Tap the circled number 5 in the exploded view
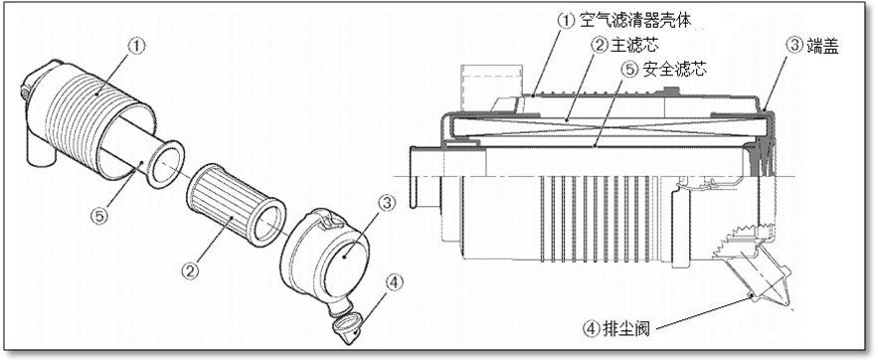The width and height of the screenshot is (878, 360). pyautogui.click(x=99, y=216)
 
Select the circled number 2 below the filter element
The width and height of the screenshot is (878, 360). pyautogui.click(x=190, y=271)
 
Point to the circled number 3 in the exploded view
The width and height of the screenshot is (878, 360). pyautogui.click(x=387, y=204)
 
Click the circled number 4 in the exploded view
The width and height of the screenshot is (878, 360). pyautogui.click(x=394, y=282)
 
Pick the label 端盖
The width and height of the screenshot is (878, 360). pyautogui.click(x=822, y=46)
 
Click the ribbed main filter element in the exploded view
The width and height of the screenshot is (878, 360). pyautogui.click(x=236, y=204)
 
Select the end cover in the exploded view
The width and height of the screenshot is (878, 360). pyautogui.click(x=326, y=257)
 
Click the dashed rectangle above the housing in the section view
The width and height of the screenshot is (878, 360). pyautogui.click(x=491, y=86)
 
